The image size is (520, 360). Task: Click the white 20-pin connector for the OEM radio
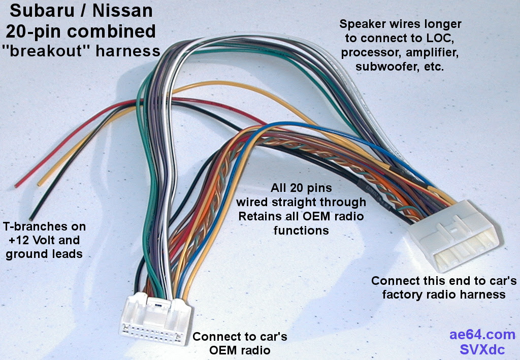click(155, 319)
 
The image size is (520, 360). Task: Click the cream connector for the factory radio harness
click(454, 236)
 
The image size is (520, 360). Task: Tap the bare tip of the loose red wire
click(16, 186)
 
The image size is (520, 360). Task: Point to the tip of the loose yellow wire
click(39, 184)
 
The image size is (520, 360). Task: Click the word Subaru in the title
click(43, 11)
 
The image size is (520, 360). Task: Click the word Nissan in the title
click(122, 11)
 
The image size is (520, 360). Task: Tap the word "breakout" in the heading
click(46, 51)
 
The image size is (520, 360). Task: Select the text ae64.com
click(482, 335)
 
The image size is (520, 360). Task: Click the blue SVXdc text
click(482, 349)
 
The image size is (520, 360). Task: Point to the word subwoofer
click(384, 67)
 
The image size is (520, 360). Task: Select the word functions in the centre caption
click(301, 230)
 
